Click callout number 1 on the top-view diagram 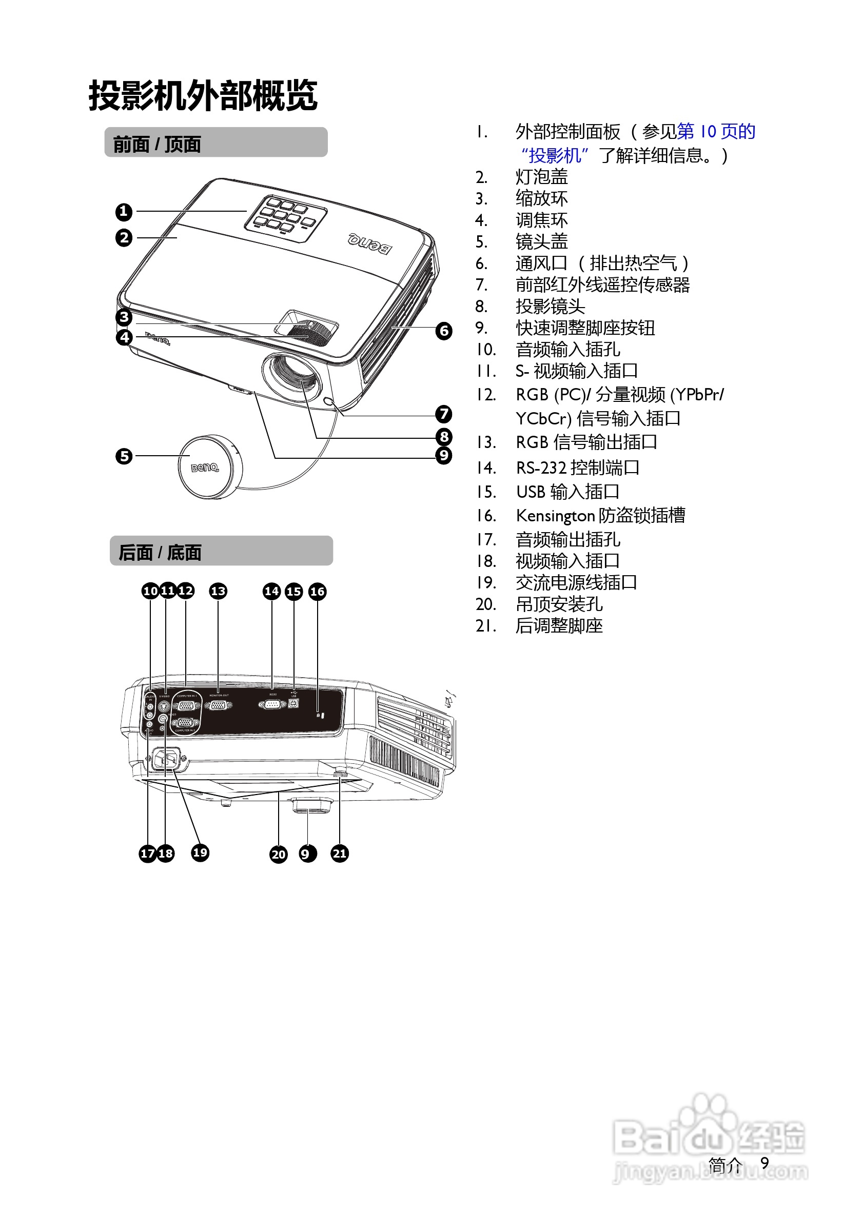point(123,212)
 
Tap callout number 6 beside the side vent point(443,331)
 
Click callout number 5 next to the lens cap point(124,456)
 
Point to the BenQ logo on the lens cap point(205,467)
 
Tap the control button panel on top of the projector point(286,218)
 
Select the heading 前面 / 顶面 point(157,144)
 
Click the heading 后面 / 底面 point(160,553)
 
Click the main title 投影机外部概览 point(203,96)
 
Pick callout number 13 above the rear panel point(218,592)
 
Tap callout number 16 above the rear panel point(318,592)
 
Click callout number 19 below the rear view point(200,853)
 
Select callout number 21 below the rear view point(340,853)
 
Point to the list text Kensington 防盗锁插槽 point(600,515)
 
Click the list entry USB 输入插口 point(567,492)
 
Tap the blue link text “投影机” point(555,156)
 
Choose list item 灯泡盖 point(541,177)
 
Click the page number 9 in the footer point(765,1163)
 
